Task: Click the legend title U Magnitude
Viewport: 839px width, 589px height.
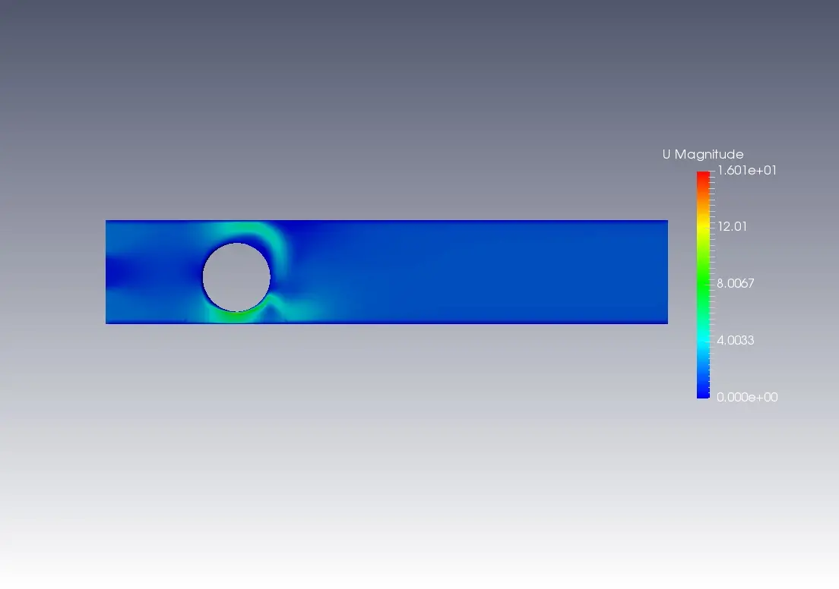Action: pos(703,155)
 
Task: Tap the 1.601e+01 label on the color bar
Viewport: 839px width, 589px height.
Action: pos(747,171)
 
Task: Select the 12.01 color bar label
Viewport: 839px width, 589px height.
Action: pos(732,227)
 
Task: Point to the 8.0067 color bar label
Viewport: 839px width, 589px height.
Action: pos(735,283)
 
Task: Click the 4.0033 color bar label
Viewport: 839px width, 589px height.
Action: pos(735,341)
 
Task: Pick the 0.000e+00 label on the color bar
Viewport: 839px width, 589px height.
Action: pos(747,397)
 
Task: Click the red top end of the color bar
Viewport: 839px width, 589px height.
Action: pos(703,176)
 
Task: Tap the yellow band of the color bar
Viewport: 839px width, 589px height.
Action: pos(703,227)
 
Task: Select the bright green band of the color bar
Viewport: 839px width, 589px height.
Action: pos(703,283)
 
